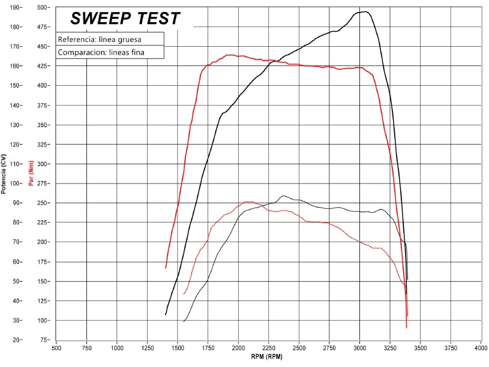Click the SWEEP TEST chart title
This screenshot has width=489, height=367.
point(125,19)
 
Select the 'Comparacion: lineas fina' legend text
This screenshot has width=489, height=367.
point(101,53)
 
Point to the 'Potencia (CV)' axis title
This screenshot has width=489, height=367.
point(4,174)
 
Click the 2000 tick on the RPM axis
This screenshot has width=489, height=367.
point(238,348)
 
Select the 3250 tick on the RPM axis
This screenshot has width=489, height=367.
point(390,348)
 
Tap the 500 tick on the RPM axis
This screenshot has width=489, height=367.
point(56,348)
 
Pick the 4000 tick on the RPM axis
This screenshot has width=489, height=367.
point(481,348)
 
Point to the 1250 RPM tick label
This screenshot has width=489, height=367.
point(147,348)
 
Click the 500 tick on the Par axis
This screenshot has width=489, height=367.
point(43,7)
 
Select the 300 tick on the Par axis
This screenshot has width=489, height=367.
point(43,164)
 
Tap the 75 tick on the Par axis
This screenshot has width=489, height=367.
point(44,340)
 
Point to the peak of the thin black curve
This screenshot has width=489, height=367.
point(283,195)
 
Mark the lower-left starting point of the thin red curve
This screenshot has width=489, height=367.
point(184,294)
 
